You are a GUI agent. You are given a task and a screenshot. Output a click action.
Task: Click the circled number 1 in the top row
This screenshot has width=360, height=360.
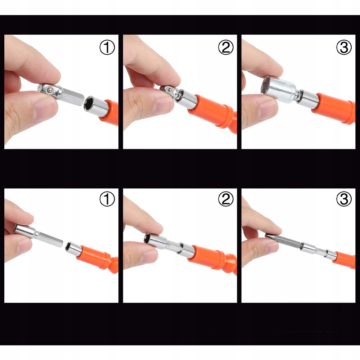click(107, 48)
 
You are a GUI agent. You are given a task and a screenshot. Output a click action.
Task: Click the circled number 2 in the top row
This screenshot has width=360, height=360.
click(226, 48)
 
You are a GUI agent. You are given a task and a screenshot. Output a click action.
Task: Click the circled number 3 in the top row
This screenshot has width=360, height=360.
click(344, 48)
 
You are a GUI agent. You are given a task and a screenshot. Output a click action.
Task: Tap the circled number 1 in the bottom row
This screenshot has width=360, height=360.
click(107, 199)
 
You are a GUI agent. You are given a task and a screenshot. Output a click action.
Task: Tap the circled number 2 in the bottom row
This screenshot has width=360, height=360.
click(226, 199)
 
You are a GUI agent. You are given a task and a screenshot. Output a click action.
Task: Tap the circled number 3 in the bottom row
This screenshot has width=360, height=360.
click(344, 199)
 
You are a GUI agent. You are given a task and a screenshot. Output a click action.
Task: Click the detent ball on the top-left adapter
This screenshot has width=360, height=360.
click(49, 90)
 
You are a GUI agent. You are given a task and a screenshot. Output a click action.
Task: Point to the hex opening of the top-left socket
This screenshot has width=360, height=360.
click(89, 103)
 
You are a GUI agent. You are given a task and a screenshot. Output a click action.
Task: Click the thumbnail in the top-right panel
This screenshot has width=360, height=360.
click(268, 111)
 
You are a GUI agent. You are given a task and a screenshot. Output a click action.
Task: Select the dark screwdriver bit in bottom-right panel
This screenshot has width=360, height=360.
click(283, 240)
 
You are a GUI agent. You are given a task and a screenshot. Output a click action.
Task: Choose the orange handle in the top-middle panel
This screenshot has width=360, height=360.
click(213, 112)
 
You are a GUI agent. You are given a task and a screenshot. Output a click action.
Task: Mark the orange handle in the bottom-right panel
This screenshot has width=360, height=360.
click(345, 260)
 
